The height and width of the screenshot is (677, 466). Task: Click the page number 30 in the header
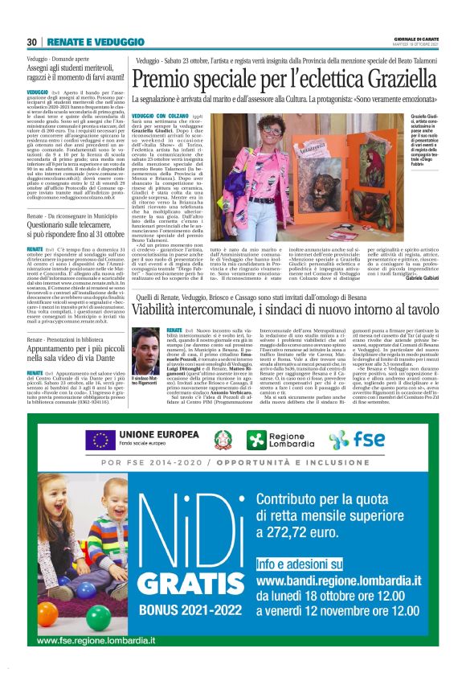click(31, 41)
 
